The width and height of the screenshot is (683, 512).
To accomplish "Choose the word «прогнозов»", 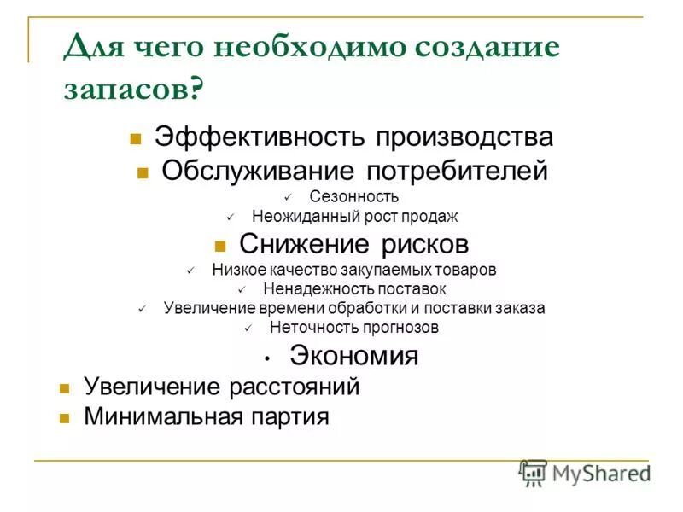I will point(399,327).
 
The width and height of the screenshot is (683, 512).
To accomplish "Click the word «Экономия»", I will point(353,355).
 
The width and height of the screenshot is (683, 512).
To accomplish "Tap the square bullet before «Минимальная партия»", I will point(63,419).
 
